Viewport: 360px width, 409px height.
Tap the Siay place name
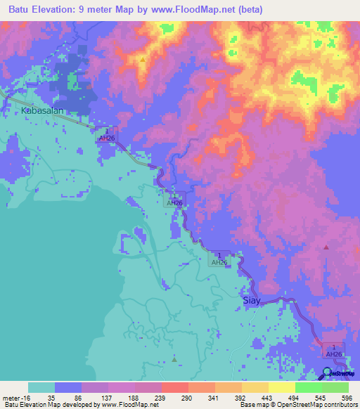(x=252, y=300)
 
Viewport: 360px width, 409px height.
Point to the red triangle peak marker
(x=326, y=247)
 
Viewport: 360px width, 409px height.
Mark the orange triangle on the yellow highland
(x=143, y=60)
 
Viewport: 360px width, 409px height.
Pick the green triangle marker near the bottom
(x=174, y=360)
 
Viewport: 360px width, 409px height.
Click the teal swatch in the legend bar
(x=41, y=387)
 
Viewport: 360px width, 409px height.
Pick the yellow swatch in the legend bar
(x=282, y=387)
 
